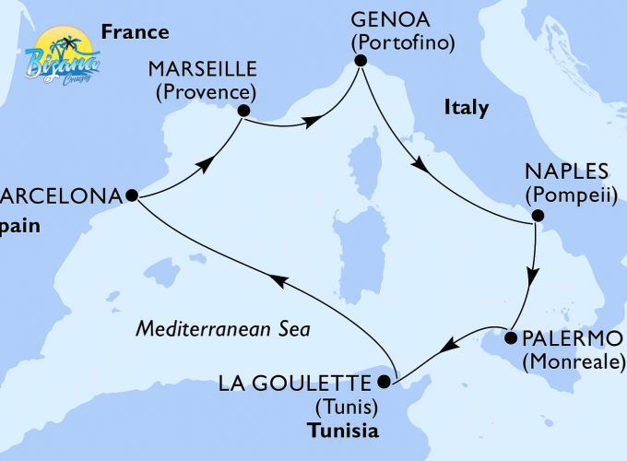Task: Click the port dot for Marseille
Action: [x=243, y=111]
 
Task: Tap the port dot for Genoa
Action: [x=361, y=62]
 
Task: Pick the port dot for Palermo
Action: [x=509, y=338]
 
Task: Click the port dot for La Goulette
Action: [x=387, y=381]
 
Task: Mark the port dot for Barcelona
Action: [x=131, y=195]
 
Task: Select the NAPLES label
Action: [x=566, y=172]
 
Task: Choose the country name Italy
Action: [x=467, y=109]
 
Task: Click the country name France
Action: [x=135, y=33]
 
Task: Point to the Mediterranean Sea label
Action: [x=222, y=328]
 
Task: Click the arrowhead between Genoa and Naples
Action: [x=419, y=165]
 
